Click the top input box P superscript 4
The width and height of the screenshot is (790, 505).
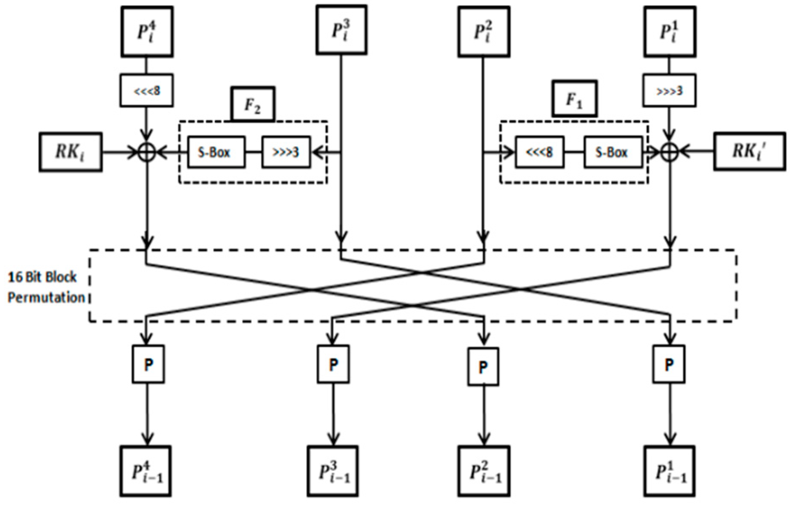(147, 32)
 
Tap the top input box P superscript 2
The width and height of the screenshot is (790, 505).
(484, 32)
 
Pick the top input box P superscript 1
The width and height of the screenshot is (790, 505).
(670, 32)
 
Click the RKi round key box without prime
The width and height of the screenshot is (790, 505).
(70, 152)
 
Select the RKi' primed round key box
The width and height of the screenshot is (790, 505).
(750, 152)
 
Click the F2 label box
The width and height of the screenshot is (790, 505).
(253, 104)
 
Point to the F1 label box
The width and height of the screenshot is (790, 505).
(574, 99)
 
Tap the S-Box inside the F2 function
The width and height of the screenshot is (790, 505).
(216, 152)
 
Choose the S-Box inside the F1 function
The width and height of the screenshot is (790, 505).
(612, 152)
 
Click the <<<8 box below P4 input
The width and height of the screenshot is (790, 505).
(147, 91)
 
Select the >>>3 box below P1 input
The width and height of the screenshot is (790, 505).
(669, 91)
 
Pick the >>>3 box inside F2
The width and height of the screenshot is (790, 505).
(286, 152)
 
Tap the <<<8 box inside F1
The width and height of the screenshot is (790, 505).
(539, 152)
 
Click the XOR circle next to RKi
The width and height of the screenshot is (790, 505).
(147, 152)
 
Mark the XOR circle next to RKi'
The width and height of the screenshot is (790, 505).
(669, 152)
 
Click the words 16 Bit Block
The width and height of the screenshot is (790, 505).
(43, 277)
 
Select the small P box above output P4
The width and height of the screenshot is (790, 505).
(148, 364)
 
